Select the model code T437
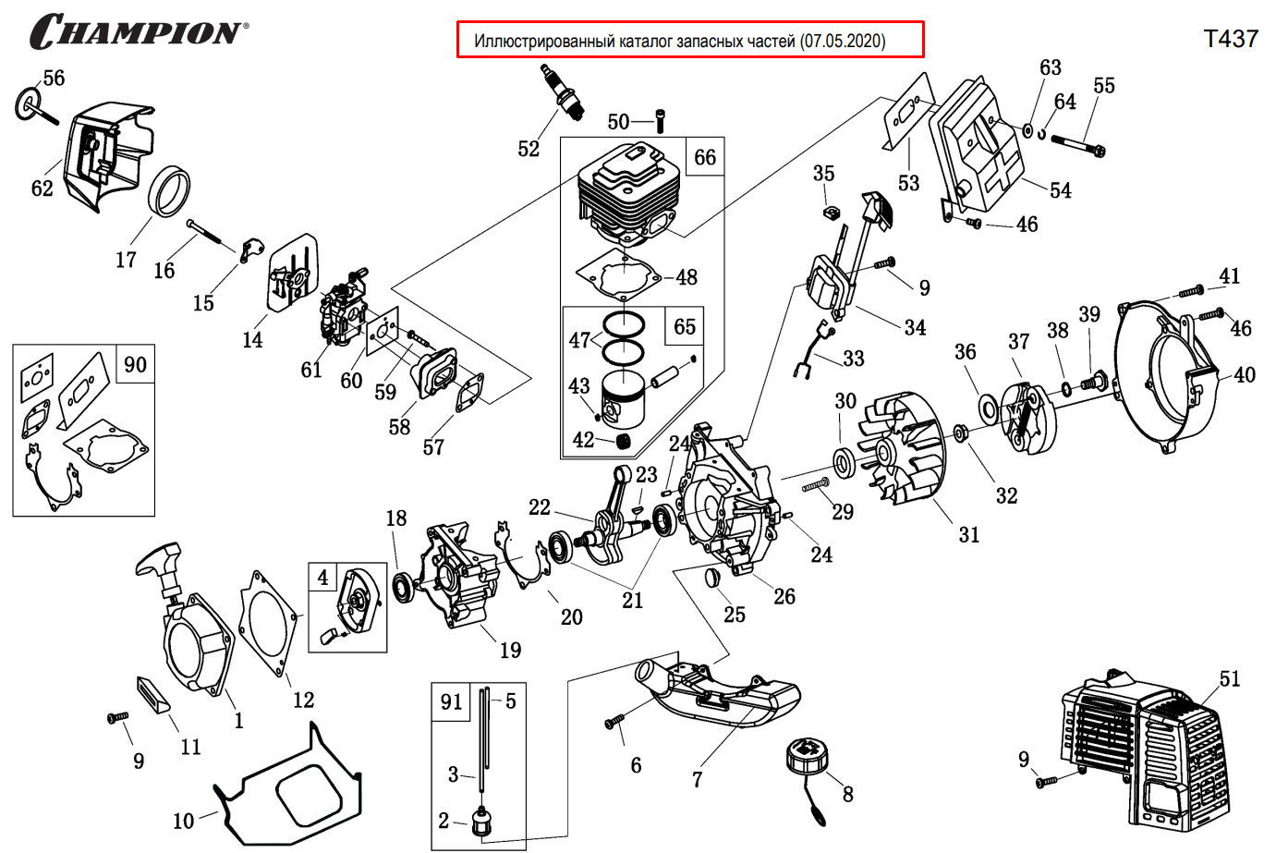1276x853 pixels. [x=1230, y=39]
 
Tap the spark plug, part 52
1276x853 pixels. [x=564, y=92]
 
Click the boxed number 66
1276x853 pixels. [x=705, y=157]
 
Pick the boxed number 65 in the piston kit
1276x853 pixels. [x=685, y=326]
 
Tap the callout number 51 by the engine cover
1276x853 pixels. [x=1229, y=679]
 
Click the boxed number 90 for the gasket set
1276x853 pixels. [x=135, y=364]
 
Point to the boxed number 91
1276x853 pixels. [x=451, y=702]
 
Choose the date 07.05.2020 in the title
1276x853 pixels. [x=843, y=41]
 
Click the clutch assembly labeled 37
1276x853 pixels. [x=1026, y=416]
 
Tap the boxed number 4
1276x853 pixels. [x=322, y=579]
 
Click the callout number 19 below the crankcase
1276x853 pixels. [x=510, y=651]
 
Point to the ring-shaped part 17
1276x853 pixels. [x=171, y=191]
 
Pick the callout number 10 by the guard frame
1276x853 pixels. [x=184, y=821]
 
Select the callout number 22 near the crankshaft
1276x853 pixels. [x=540, y=507]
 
